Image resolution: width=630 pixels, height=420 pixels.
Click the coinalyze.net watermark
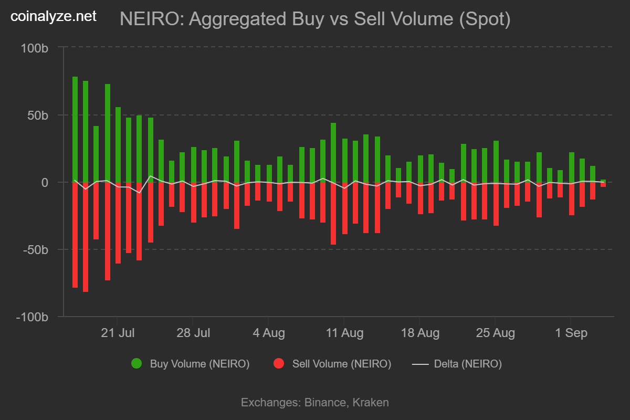click(54, 16)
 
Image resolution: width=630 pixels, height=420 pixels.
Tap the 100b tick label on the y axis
click(35, 48)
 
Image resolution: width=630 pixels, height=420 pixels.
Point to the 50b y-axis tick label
click(38, 115)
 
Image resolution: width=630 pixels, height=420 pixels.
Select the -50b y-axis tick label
click(36, 250)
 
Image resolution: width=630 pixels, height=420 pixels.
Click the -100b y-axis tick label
click(33, 318)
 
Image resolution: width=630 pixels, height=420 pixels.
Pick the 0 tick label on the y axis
click(45, 183)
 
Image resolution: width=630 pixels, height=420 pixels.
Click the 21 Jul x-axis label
click(117, 333)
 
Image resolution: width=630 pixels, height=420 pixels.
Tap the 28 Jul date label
click(193, 333)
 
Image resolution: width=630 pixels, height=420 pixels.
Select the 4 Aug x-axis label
click(268, 333)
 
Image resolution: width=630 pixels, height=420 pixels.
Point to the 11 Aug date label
click(344, 333)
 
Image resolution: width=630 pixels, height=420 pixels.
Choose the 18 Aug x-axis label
click(419, 333)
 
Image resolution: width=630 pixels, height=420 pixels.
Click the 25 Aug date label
click(495, 333)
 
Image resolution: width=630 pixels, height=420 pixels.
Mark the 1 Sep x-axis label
click(571, 333)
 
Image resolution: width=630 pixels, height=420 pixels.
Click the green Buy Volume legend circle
click(136, 363)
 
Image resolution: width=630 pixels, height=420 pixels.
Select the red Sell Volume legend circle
click(279, 363)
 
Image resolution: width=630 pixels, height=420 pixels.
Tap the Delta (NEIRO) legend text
click(468, 364)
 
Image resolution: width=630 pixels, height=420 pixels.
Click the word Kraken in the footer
click(371, 403)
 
